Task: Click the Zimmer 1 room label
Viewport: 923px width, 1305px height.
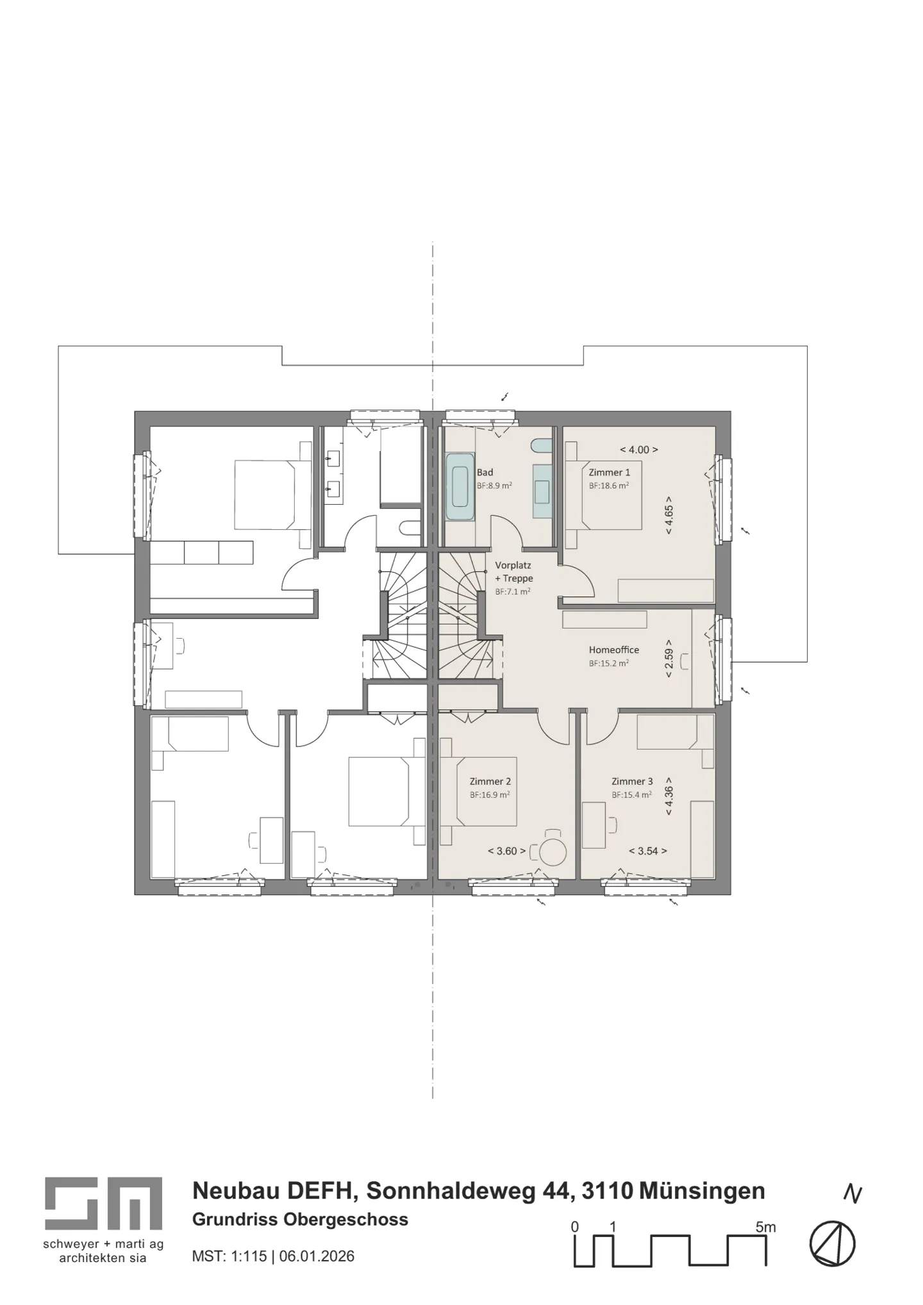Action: [x=609, y=472]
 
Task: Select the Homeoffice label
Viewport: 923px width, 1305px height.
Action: [x=613, y=650]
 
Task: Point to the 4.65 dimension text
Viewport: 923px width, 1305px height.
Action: [x=669, y=515]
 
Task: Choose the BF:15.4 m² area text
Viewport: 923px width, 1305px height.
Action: [x=631, y=794]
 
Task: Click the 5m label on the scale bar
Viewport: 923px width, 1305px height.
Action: [x=765, y=1227]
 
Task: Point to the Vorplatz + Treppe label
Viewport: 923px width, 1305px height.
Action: [x=513, y=571]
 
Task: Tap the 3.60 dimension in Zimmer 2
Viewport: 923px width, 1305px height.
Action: [x=506, y=851]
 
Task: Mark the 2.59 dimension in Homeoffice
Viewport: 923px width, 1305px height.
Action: [x=669, y=658]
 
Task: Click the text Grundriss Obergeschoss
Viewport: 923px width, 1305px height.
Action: [x=300, y=1219]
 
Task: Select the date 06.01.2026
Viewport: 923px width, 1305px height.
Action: [x=317, y=1256]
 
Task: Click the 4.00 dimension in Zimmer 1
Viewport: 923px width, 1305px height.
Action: [x=638, y=450]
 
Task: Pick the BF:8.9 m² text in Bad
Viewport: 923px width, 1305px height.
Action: [x=494, y=486]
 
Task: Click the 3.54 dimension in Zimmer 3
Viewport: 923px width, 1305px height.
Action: [x=647, y=851]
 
